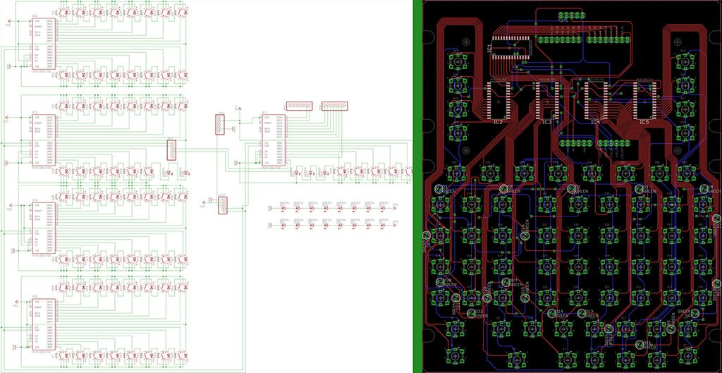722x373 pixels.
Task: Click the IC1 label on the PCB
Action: tap(489, 48)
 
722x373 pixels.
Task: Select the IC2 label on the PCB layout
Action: tap(498, 122)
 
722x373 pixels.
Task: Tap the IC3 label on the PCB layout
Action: tap(546, 122)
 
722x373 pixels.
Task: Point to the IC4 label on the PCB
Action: tap(594, 122)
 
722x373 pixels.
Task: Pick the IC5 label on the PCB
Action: tap(643, 122)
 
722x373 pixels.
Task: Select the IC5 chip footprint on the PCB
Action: tap(644, 99)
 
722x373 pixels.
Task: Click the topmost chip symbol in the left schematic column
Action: tap(43, 42)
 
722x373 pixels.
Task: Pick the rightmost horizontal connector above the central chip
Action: tap(334, 106)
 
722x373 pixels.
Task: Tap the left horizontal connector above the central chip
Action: tap(300, 106)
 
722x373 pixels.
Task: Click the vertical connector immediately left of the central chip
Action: tap(220, 125)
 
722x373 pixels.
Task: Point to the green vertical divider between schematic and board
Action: tap(417, 186)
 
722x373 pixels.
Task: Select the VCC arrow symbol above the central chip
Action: tap(240, 106)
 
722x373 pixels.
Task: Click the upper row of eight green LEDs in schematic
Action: tap(332, 207)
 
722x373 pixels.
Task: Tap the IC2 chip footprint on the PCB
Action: tap(498, 99)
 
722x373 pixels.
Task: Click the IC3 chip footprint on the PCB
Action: tap(547, 99)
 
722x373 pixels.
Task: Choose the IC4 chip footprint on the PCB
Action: tap(596, 99)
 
